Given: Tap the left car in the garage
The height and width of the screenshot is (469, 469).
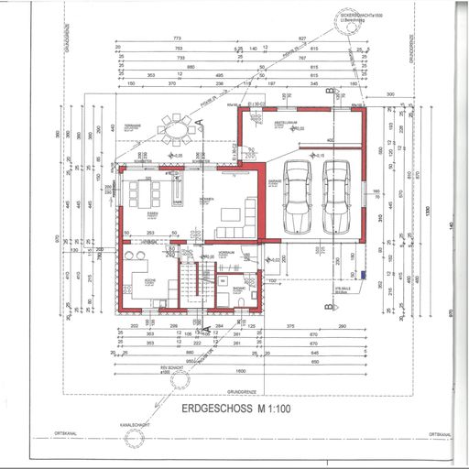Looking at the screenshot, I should coord(298,196).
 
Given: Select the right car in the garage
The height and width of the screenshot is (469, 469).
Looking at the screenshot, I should coord(335,196).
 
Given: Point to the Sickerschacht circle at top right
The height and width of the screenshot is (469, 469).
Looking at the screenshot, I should coord(349,27).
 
